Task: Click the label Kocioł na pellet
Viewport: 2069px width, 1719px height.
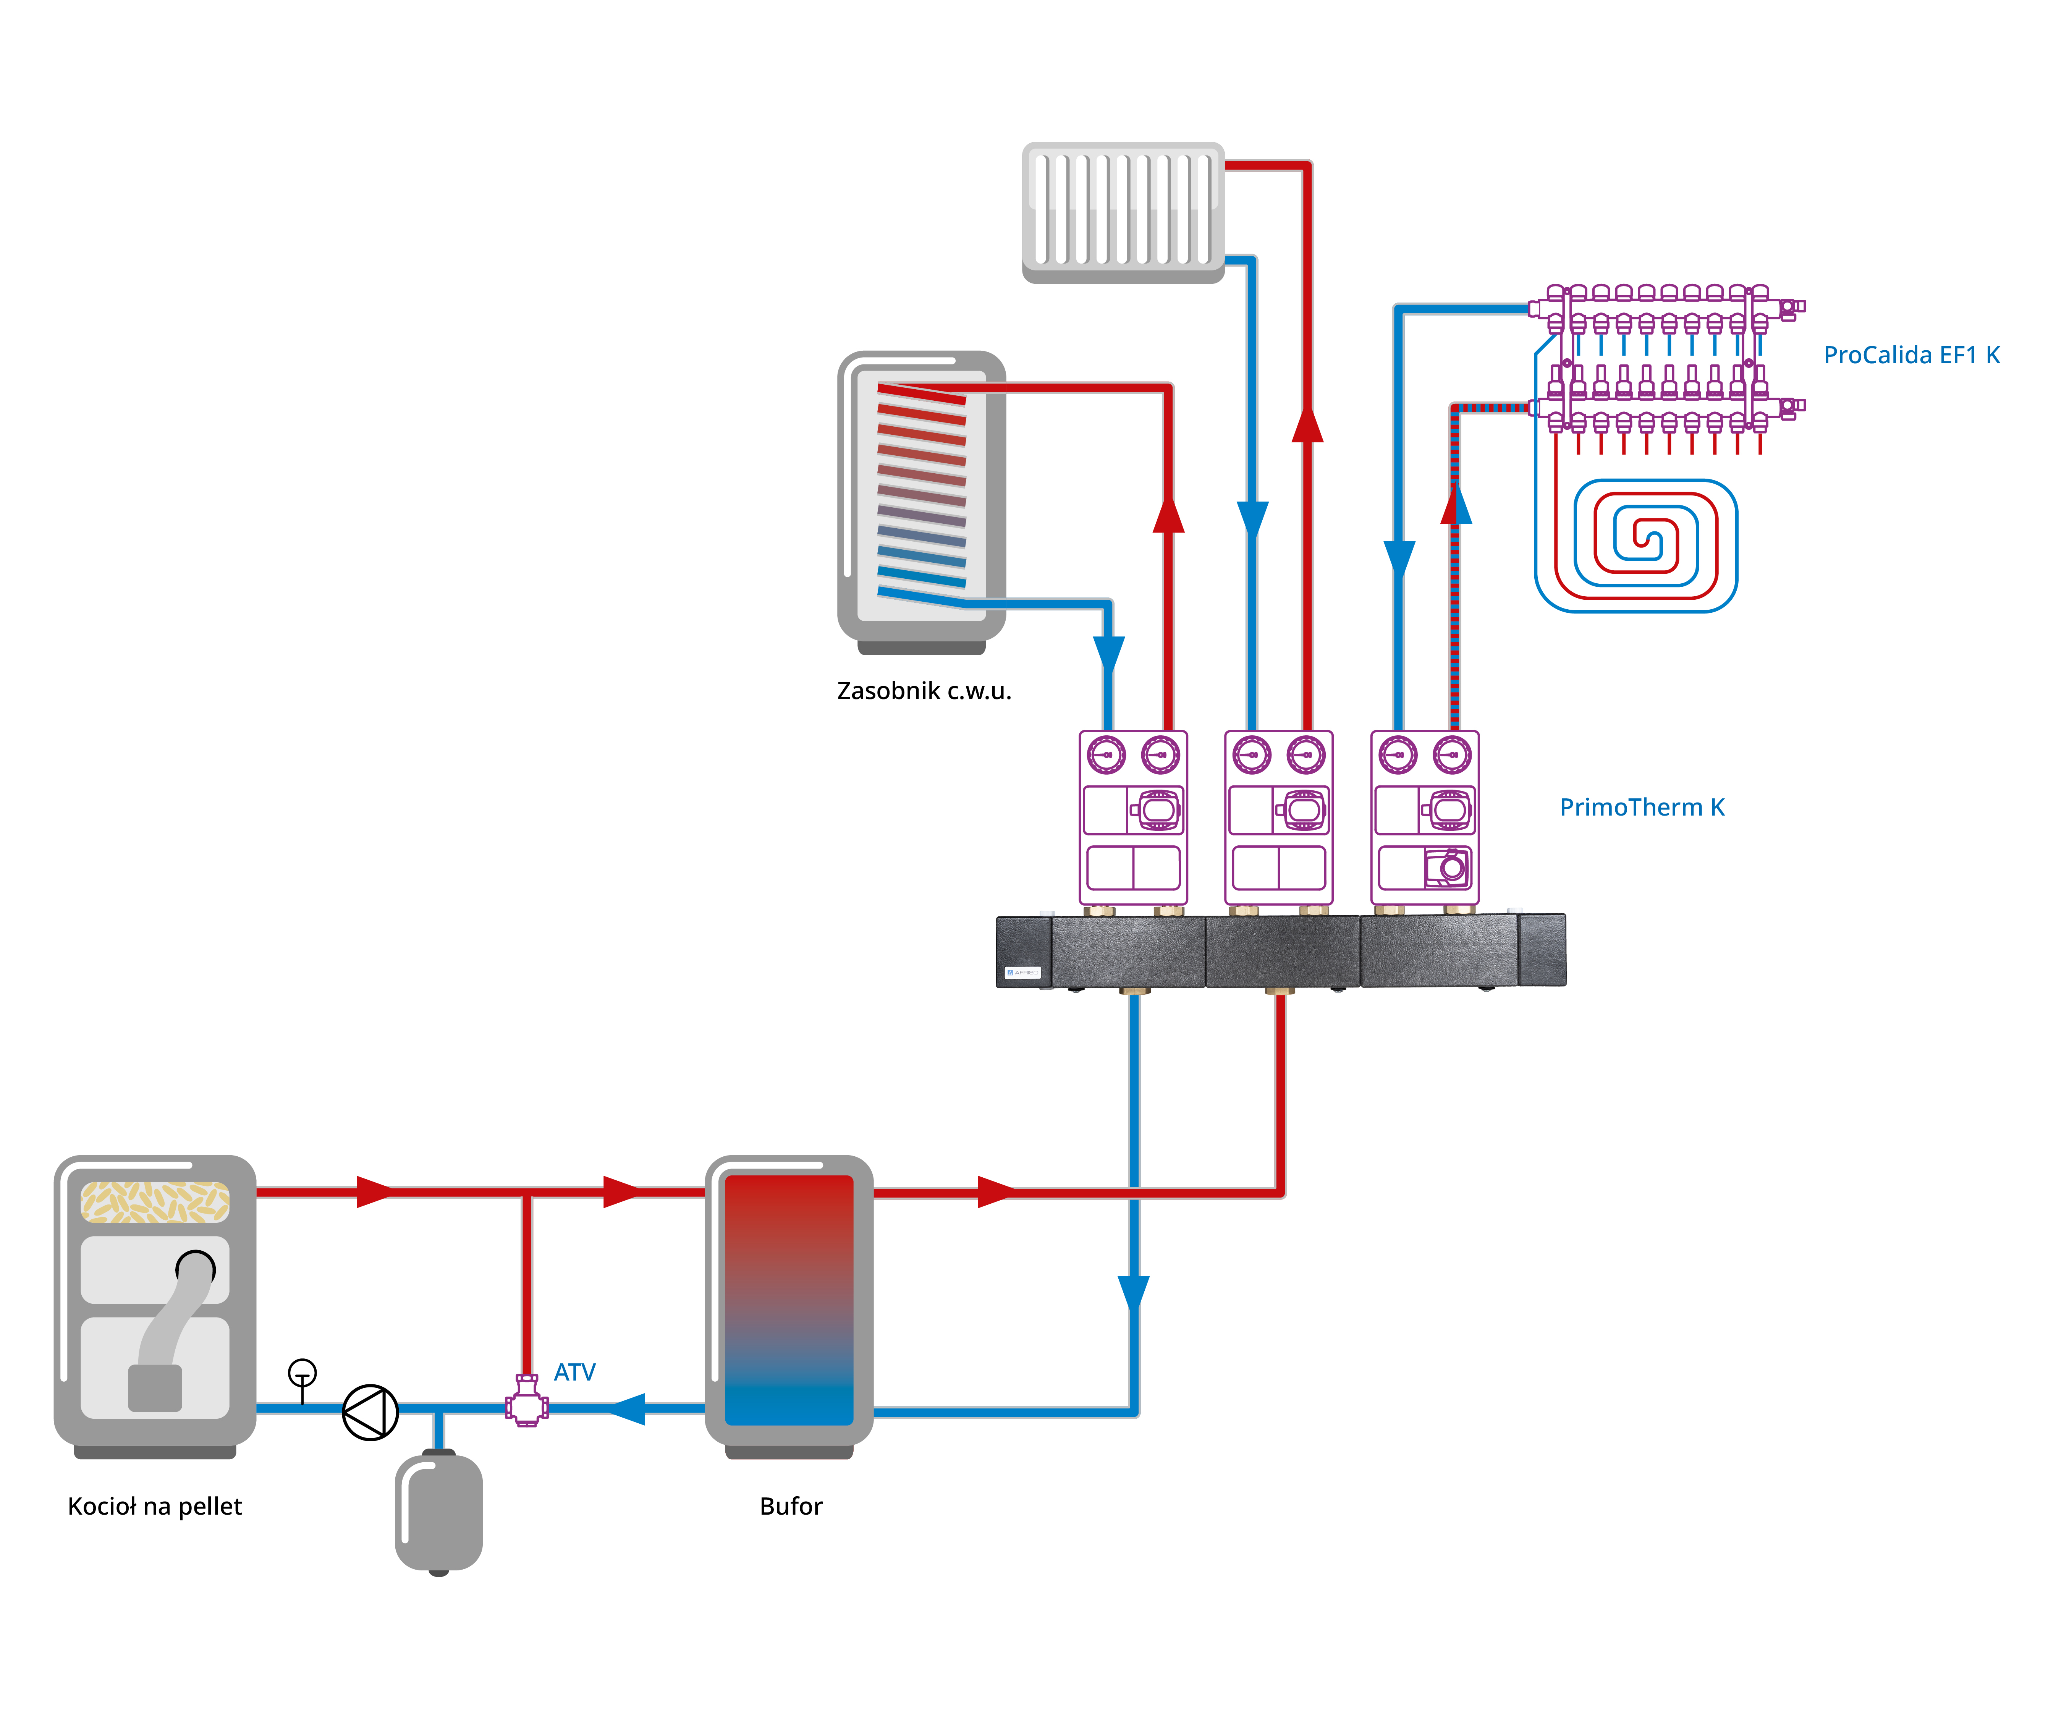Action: (x=155, y=1506)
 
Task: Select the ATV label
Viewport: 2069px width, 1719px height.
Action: (x=574, y=1372)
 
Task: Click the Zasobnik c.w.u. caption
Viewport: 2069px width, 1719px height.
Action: (x=924, y=691)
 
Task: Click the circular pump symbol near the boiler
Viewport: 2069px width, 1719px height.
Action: (x=370, y=1413)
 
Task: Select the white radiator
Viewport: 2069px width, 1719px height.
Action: (x=1123, y=213)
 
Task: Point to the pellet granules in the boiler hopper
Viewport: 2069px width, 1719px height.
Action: (x=155, y=1202)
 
